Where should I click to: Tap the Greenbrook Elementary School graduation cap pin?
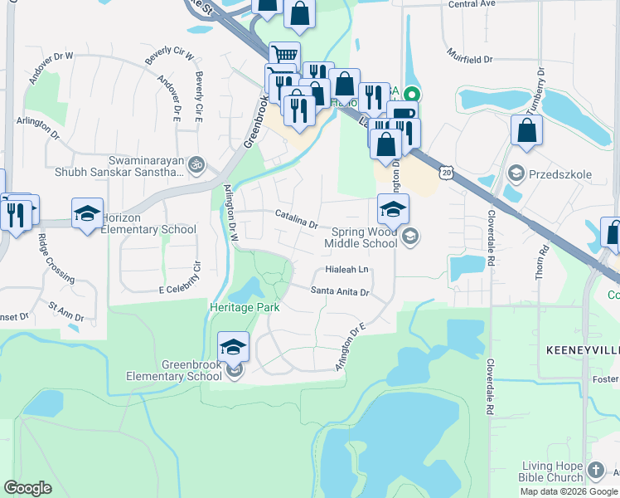[234, 348]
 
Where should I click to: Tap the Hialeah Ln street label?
[346, 271]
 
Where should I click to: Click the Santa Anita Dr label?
[339, 291]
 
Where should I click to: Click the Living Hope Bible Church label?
[553, 471]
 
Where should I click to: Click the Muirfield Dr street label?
[471, 60]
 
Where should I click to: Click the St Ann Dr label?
[66, 312]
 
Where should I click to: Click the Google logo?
[28, 488]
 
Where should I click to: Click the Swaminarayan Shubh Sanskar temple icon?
[195, 164]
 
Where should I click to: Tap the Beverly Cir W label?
[169, 57]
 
